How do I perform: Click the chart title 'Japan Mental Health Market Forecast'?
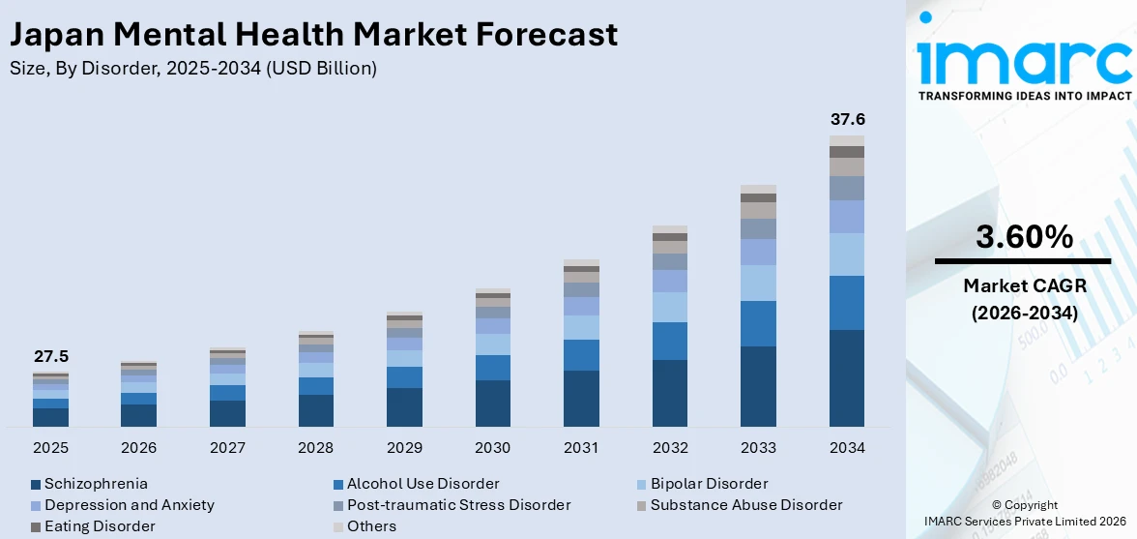pyautogui.click(x=313, y=35)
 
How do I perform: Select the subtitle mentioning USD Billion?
pyautogui.click(x=193, y=68)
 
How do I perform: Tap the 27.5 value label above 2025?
pyautogui.click(x=51, y=357)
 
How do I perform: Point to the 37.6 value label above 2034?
pyautogui.click(x=847, y=120)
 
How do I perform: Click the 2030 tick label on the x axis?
pyautogui.click(x=493, y=448)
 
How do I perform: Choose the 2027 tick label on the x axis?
pyautogui.click(x=227, y=448)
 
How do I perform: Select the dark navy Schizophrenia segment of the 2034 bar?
pyautogui.click(x=847, y=378)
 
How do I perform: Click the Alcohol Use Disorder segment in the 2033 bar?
pyautogui.click(x=758, y=323)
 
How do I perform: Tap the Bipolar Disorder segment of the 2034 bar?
pyautogui.click(x=847, y=255)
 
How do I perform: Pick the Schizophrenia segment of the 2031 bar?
pyautogui.click(x=581, y=399)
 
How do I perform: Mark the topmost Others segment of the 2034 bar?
pyautogui.click(x=847, y=141)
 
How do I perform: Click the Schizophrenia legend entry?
pyautogui.click(x=96, y=483)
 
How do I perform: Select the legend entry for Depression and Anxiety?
pyautogui.click(x=129, y=505)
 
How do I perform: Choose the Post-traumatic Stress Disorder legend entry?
pyautogui.click(x=458, y=505)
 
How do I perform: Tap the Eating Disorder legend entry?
pyautogui.click(x=99, y=526)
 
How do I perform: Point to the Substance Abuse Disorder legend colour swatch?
pyautogui.click(x=642, y=505)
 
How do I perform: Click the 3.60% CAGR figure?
pyautogui.click(x=1024, y=237)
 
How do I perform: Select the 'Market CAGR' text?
pyautogui.click(x=1024, y=285)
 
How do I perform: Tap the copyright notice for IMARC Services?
pyautogui.click(x=1024, y=514)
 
